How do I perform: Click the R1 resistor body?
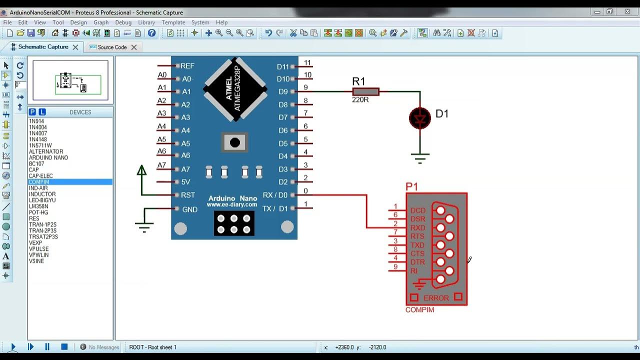[x=365, y=91]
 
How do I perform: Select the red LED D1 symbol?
[x=419, y=118]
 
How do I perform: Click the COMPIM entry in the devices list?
[x=39, y=182]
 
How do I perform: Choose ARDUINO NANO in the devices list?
[x=48, y=157]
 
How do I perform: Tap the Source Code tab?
[x=112, y=47]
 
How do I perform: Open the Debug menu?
[x=123, y=22]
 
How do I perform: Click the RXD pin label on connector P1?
[x=417, y=228]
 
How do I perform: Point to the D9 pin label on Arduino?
[x=283, y=92]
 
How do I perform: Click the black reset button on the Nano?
[x=234, y=143]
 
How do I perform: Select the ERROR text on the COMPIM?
[x=436, y=298]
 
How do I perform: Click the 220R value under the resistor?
[x=360, y=100]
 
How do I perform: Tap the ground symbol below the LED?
[x=420, y=158]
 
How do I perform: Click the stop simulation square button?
[x=64, y=346]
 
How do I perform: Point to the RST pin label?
[x=188, y=195]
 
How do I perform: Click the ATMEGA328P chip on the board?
[x=234, y=88]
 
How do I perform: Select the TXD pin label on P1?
[x=417, y=245]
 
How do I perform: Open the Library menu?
[x=146, y=22]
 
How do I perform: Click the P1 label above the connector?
[x=411, y=186]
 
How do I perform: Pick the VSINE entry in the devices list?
[x=36, y=261]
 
